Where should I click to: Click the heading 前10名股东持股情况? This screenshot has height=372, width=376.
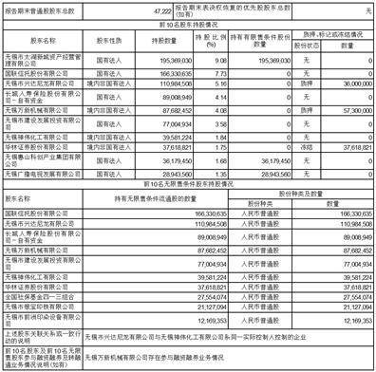(x=187, y=25)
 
